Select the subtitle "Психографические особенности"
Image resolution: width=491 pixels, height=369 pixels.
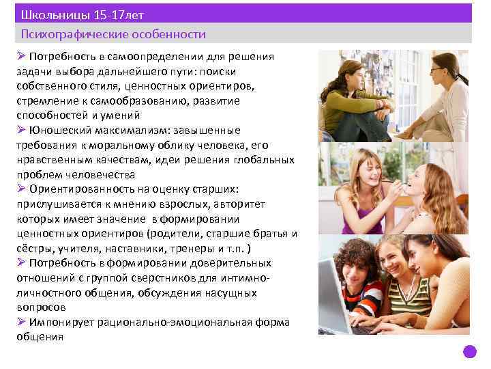click(x=113, y=33)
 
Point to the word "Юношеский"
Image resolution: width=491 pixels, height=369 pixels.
click(x=58, y=131)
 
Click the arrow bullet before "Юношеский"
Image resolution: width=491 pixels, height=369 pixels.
click(x=22, y=130)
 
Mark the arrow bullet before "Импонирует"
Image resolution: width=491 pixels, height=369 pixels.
click(x=22, y=321)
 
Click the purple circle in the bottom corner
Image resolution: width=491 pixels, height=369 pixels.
click(x=469, y=352)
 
